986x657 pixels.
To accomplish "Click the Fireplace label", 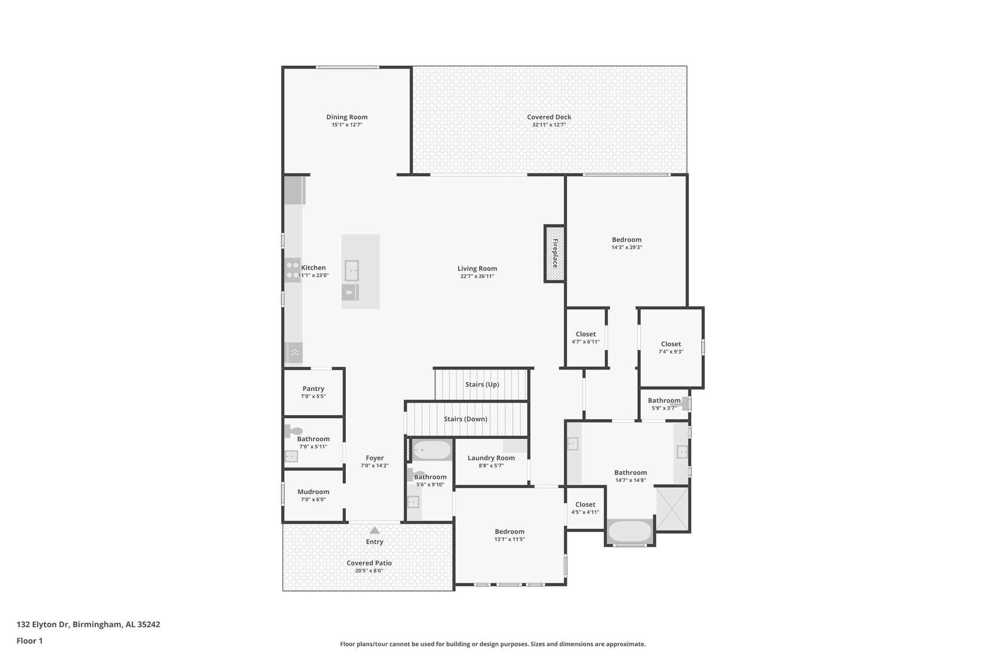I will click(x=555, y=253).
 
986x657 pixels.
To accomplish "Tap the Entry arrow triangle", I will click(x=375, y=530).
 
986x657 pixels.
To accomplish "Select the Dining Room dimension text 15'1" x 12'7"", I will click(x=347, y=125).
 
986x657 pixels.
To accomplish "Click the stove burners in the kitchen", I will click(x=292, y=270).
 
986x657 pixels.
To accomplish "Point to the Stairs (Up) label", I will click(x=482, y=384).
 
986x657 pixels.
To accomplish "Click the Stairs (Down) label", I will click(x=465, y=419).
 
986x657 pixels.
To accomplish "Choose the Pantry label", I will click(x=313, y=388).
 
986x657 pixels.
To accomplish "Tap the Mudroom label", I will click(x=313, y=491).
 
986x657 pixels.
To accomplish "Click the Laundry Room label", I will click(x=491, y=458).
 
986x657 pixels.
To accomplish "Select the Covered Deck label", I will click(x=549, y=117).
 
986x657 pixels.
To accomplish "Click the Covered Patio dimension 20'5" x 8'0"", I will click(x=369, y=571).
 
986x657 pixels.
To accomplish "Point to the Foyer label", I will click(x=375, y=458).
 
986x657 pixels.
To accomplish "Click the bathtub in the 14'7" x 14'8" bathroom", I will click(x=630, y=531).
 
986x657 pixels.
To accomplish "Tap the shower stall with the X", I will click(x=672, y=508).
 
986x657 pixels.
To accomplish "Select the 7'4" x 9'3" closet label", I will click(x=671, y=344).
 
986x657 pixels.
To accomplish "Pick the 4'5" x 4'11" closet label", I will click(x=585, y=504).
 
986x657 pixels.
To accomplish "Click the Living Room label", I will click(x=477, y=269).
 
